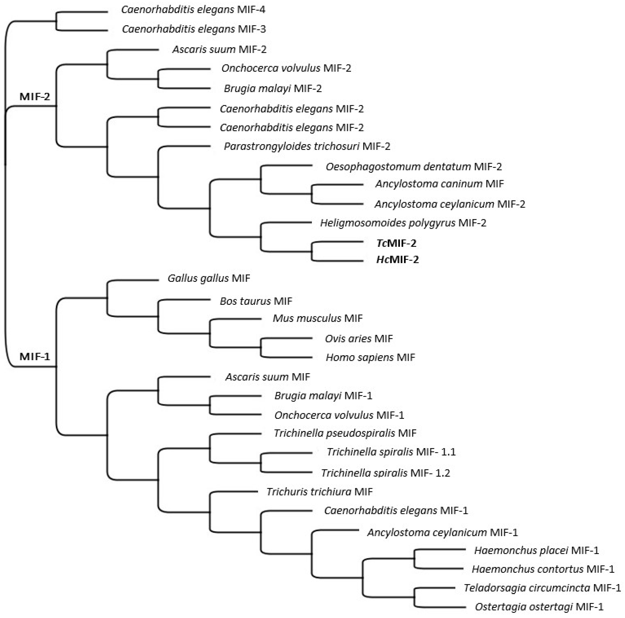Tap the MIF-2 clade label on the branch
pos(35,96)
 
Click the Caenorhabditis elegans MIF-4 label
pos(193,10)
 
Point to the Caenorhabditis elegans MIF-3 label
pos(194,29)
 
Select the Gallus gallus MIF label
pos(209,278)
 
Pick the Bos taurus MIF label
pos(256,301)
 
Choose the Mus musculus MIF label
pos(317,318)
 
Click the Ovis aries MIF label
pos(359,339)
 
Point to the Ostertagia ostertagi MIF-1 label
pos(539,607)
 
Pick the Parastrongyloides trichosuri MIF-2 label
pos(307,146)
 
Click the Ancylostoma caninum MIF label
pos(439,184)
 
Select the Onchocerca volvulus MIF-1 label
pos(339,415)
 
